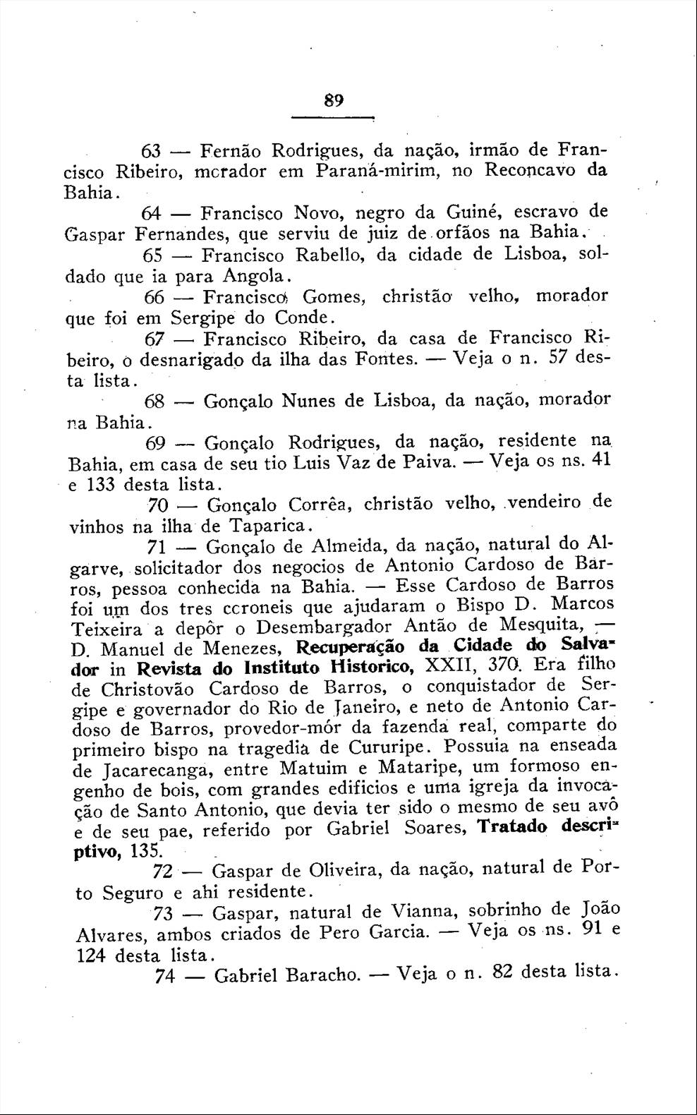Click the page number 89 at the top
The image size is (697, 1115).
click(x=334, y=100)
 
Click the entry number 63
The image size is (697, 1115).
click(x=152, y=151)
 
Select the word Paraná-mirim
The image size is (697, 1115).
click(x=370, y=171)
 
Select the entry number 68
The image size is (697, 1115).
click(x=155, y=402)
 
